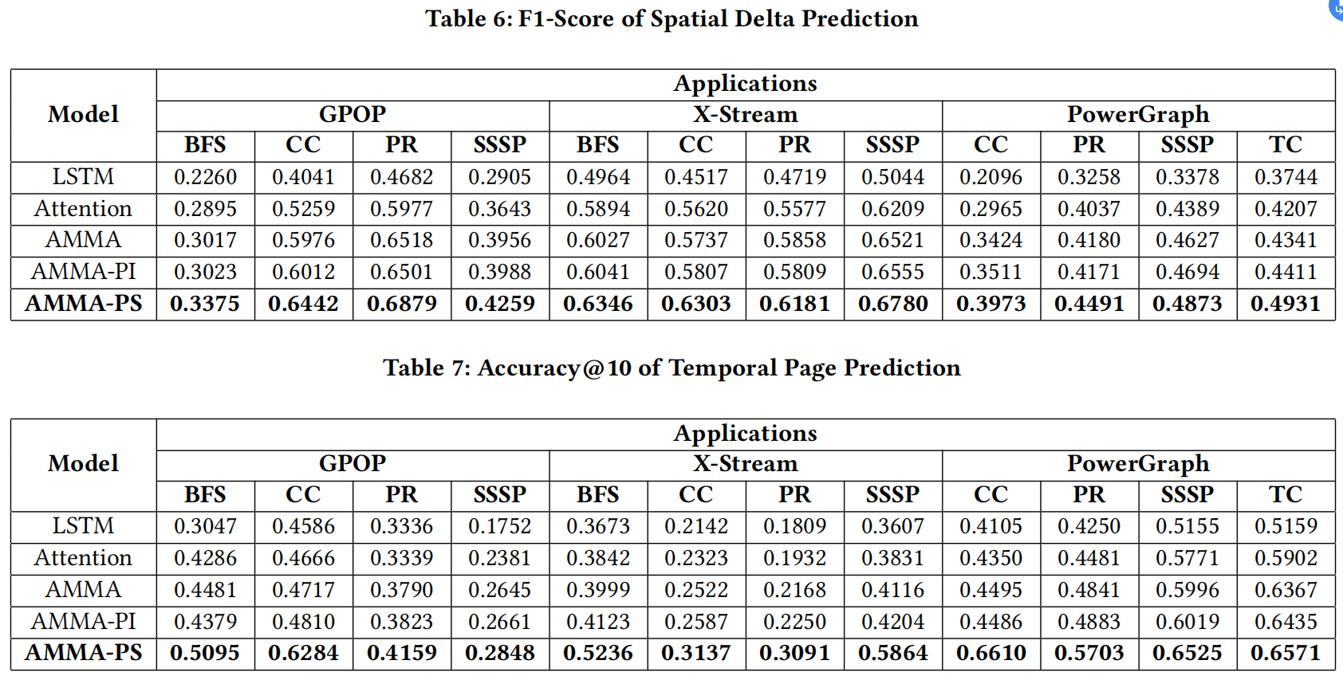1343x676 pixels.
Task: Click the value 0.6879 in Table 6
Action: pyautogui.click(x=401, y=304)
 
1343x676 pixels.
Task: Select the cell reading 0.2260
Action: pyautogui.click(x=205, y=177)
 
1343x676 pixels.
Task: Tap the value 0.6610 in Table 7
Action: pyautogui.click(x=991, y=653)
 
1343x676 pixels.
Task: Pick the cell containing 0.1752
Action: pyautogui.click(x=499, y=526)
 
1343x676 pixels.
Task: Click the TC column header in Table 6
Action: pyautogui.click(x=1285, y=145)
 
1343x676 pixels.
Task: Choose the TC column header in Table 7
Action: pyautogui.click(x=1285, y=494)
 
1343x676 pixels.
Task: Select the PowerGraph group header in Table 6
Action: pyautogui.click(x=1137, y=115)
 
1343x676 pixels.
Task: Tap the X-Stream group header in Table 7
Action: pyautogui.click(x=745, y=464)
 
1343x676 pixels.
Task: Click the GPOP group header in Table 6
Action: pyautogui.click(x=352, y=115)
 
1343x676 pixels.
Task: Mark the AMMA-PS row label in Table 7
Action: pyautogui.click(x=84, y=653)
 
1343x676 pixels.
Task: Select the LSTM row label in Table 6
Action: pyautogui.click(x=84, y=177)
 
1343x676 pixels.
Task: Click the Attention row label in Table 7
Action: pyautogui.click(x=84, y=558)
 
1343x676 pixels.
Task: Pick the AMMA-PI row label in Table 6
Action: pyautogui.click(x=84, y=272)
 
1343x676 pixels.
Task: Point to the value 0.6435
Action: pyautogui.click(x=1285, y=622)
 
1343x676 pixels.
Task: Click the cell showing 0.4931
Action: pyautogui.click(x=1285, y=304)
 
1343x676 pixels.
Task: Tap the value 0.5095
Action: pyautogui.click(x=205, y=653)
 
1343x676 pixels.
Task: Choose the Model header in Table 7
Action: pyautogui.click(x=84, y=464)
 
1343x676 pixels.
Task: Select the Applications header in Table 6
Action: pyautogui.click(x=745, y=84)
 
